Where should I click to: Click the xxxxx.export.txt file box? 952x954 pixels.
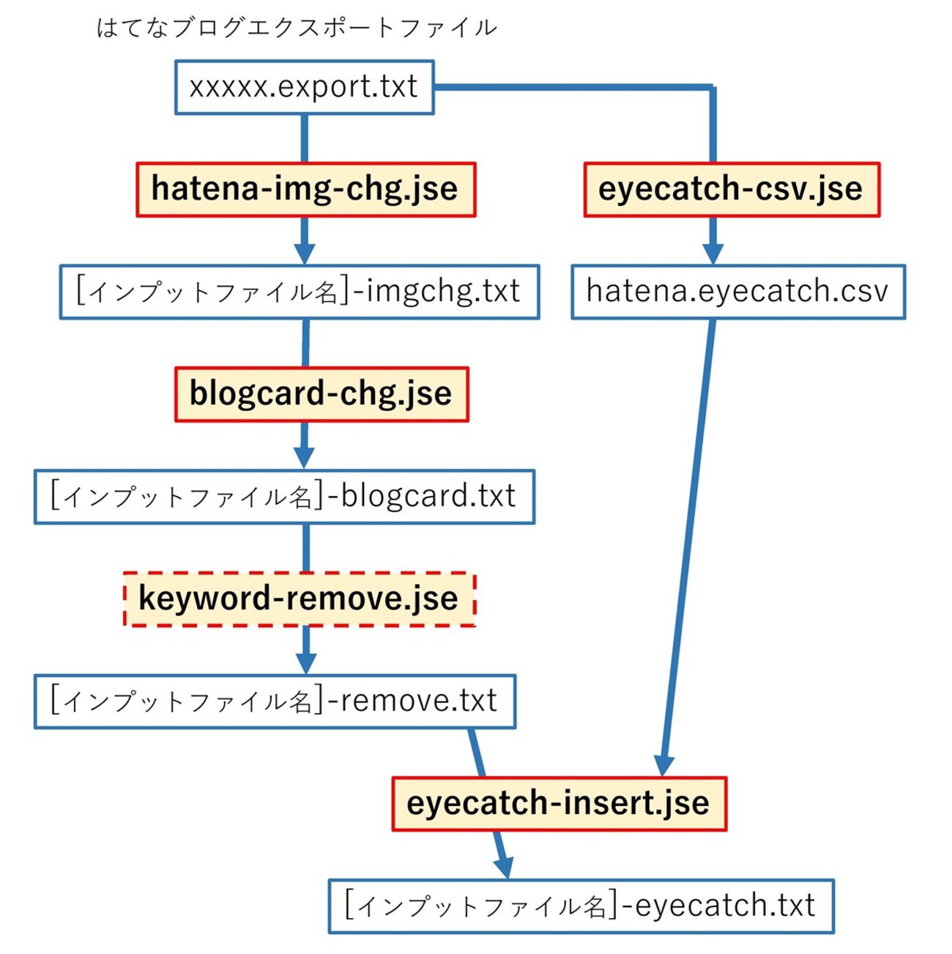pos(304,87)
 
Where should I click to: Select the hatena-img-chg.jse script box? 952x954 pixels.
pos(305,190)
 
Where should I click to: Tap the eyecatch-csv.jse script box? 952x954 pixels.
pos(731,190)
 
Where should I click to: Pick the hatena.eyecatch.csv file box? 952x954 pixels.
pos(737,292)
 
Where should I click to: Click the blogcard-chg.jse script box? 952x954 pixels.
pos(321,394)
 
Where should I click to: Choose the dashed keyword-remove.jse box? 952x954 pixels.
pos(299,599)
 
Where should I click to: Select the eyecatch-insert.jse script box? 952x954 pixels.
pos(559,804)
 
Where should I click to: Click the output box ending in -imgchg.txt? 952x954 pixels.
pos(299,292)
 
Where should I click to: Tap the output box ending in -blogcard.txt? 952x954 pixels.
pos(284,497)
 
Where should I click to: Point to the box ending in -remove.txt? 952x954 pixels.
pos(275,701)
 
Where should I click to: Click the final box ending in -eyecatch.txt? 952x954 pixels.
pos(581,906)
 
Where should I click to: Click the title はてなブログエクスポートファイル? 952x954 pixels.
pos(297,28)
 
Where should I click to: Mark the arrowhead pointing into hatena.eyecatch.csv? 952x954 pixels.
pos(713,254)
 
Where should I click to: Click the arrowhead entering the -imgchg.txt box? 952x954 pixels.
pos(305,254)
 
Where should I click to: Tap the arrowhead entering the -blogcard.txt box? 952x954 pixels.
pos(305,458)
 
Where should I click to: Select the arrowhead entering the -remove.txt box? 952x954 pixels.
pos(306,662)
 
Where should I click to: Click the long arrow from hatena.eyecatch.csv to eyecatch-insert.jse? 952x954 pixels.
pos(688,542)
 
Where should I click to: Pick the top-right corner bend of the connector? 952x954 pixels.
pos(712,89)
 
